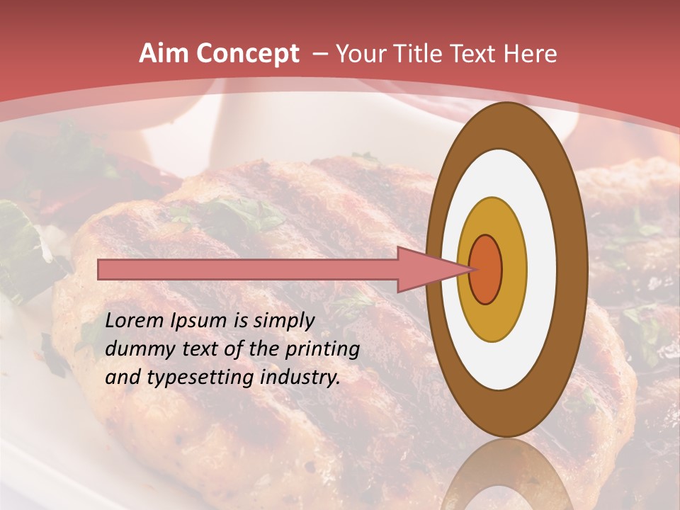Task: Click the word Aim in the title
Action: pyautogui.click(x=162, y=54)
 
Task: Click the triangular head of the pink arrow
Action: pyautogui.click(x=425, y=270)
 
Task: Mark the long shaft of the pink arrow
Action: pyautogui.click(x=248, y=270)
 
